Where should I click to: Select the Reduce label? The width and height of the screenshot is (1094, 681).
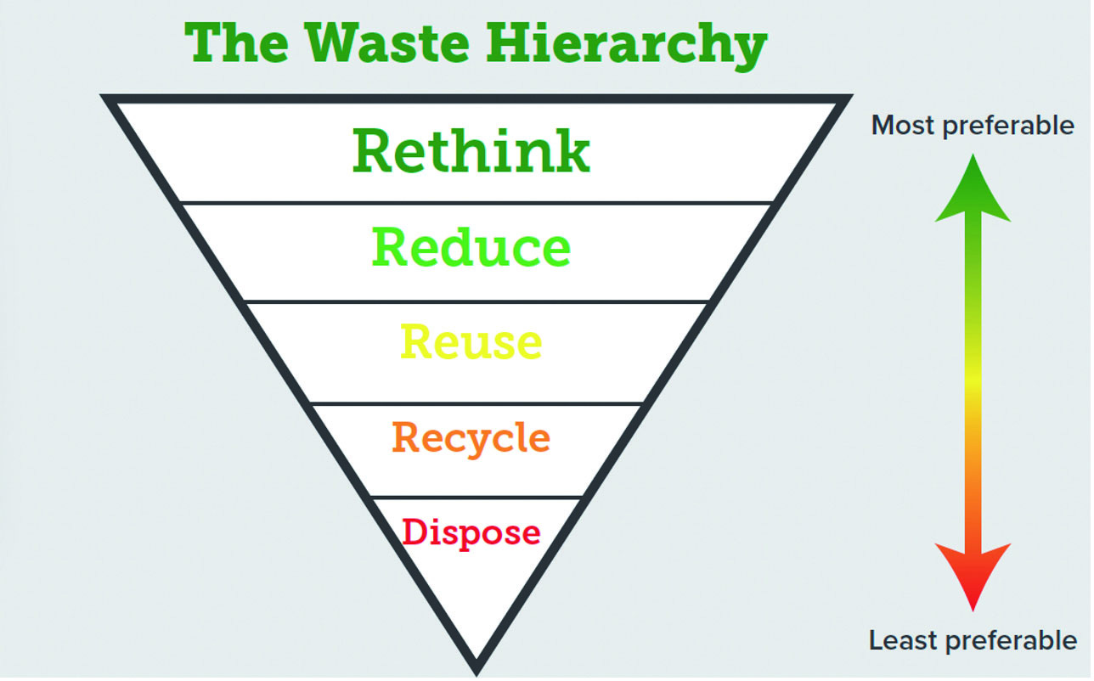(471, 247)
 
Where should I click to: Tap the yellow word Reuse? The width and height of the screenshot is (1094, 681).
(471, 342)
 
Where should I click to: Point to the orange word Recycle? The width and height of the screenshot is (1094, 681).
(471, 438)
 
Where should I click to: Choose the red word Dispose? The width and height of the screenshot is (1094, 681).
(471, 532)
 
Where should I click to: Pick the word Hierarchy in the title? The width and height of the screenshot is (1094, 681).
(624, 44)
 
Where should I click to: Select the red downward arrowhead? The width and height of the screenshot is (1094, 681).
(973, 573)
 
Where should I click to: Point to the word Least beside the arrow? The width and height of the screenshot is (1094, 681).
(902, 639)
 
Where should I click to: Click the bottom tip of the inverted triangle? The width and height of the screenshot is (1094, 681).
(477, 667)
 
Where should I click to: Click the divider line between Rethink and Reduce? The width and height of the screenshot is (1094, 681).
(476, 203)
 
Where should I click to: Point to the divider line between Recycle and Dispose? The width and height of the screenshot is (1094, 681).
(476, 497)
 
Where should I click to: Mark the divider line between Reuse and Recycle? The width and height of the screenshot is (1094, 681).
(476, 403)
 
